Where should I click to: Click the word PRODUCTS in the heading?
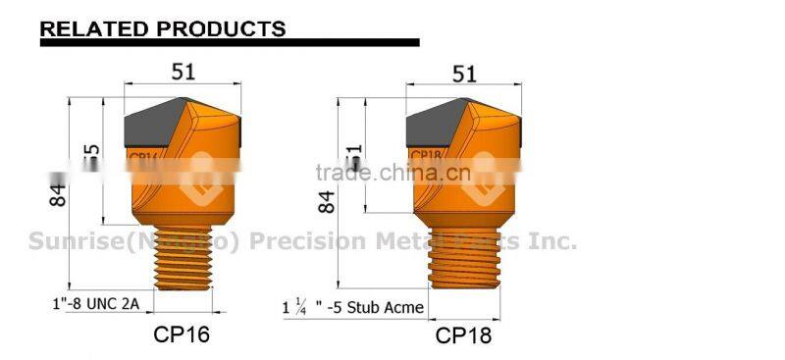(x=217, y=27)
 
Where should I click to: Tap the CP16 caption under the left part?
(x=182, y=334)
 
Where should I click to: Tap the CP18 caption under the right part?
(x=463, y=335)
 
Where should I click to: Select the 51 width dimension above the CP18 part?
(x=463, y=73)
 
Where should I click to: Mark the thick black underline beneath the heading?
(x=229, y=43)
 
